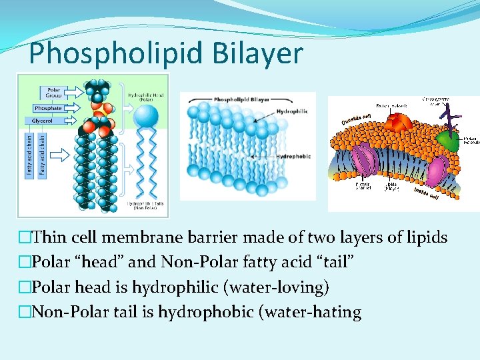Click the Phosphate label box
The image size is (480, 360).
pos(48,108)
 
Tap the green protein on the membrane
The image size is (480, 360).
pos(451,141)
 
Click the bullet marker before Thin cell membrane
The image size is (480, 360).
pos(25,237)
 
